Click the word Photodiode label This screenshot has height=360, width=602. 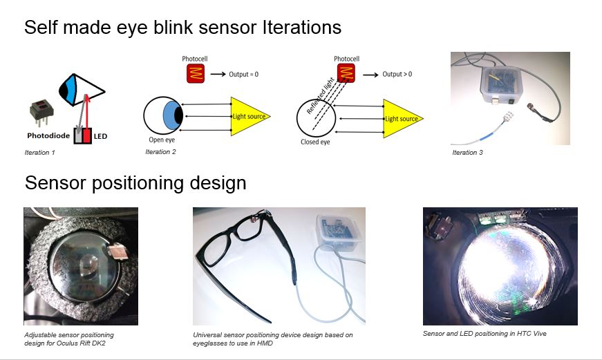48,135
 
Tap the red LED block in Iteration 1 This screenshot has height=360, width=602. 87,136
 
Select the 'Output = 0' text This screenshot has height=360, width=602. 243,74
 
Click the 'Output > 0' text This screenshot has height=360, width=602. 397,74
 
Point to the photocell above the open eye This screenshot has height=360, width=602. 196,73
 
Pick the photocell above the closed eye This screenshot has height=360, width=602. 346,73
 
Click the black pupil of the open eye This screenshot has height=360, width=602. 178,115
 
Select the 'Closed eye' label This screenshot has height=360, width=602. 315,142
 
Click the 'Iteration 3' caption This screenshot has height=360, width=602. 467,153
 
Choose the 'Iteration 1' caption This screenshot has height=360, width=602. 39,153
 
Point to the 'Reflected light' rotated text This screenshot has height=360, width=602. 320,96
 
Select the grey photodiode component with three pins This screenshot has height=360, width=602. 41,112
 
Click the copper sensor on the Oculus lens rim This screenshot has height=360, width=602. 115,251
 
